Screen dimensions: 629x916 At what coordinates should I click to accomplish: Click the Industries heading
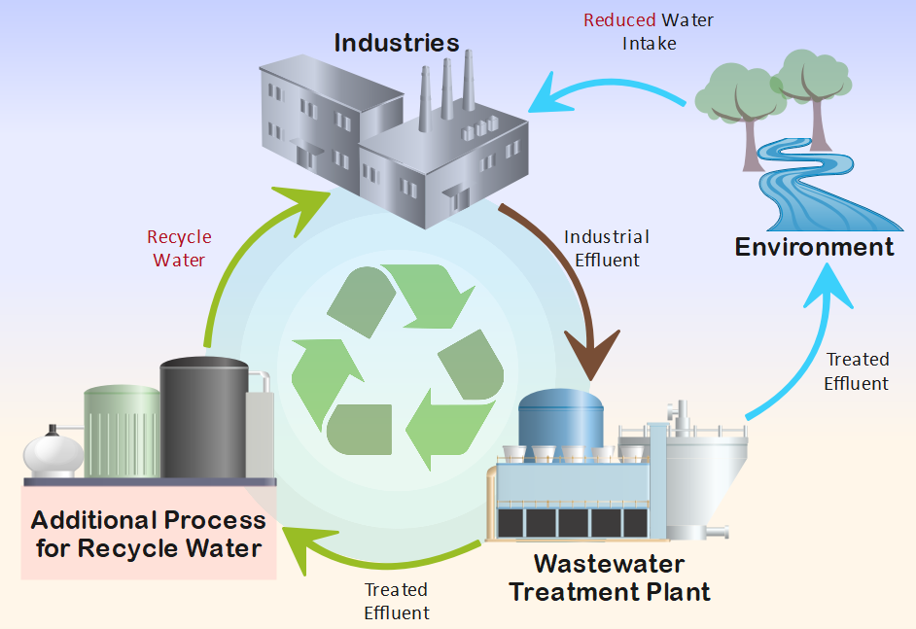(x=396, y=43)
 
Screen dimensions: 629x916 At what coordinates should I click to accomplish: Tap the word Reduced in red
(x=619, y=19)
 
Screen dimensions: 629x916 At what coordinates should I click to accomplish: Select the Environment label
(x=814, y=247)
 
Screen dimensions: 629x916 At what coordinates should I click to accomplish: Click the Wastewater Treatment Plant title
(x=610, y=577)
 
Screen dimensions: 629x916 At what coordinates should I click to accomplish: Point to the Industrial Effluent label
(x=607, y=248)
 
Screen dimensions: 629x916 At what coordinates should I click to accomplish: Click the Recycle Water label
(x=179, y=248)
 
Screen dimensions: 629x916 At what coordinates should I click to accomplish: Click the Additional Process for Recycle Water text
(x=149, y=534)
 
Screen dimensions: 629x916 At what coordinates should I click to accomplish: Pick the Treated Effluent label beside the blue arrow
(x=856, y=371)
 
